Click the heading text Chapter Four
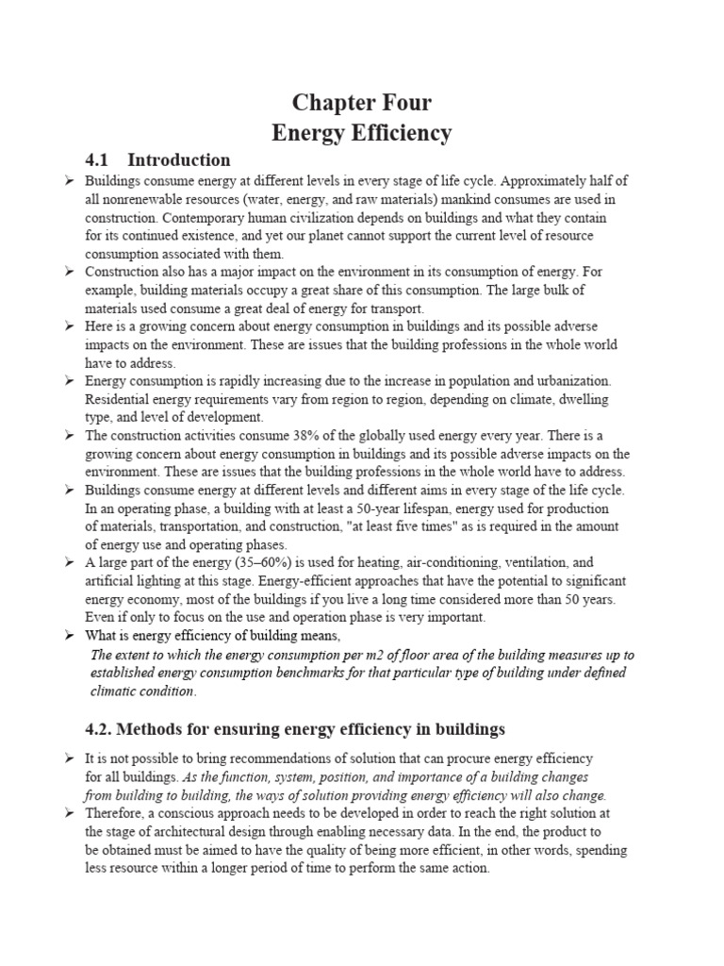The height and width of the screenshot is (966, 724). click(362, 102)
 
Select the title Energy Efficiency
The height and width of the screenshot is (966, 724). click(362, 133)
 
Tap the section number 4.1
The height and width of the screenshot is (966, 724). click(99, 159)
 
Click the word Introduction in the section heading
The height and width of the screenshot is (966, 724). click(179, 159)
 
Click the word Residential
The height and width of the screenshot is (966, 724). click(122, 399)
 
